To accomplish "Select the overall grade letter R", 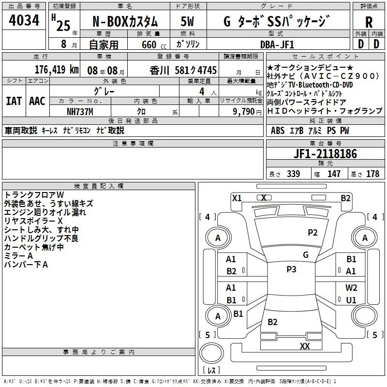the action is click(x=369, y=22).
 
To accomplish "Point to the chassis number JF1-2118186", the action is click(x=326, y=154).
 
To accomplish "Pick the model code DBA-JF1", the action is click(x=277, y=45).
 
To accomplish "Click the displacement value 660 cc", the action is click(x=149, y=45).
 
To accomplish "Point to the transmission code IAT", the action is click(x=13, y=101).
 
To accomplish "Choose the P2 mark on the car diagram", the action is click(x=313, y=233).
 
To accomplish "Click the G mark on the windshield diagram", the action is click(x=305, y=255).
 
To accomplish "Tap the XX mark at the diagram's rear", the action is click(x=304, y=346).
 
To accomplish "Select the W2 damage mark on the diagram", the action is click(x=351, y=288).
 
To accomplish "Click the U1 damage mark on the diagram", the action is click(x=351, y=300).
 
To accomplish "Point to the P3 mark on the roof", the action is click(x=291, y=269).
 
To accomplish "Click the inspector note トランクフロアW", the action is click(x=31, y=195).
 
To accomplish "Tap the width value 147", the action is click(x=334, y=174).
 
